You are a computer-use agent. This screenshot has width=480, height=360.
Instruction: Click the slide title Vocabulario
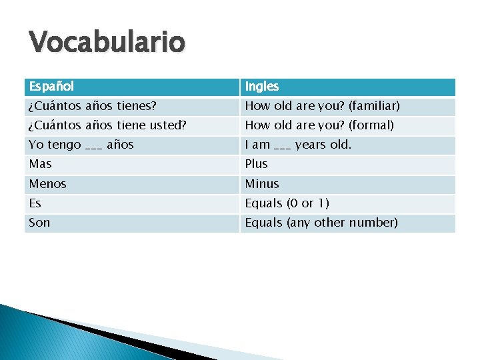107,43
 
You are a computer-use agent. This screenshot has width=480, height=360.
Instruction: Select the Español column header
51,87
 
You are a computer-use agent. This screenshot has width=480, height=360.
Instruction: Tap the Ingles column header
262,87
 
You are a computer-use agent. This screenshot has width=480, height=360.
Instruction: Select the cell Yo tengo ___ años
81,145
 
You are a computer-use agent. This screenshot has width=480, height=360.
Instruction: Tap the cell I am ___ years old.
298,145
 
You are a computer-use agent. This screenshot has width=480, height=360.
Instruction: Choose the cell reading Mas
41,164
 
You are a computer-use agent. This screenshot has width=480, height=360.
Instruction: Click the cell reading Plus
256,164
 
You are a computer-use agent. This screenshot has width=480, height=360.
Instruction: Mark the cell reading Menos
47,183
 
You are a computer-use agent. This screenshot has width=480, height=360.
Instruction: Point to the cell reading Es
35,203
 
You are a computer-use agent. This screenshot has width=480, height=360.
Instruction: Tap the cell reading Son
39,222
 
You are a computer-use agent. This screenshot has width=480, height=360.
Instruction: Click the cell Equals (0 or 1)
287,203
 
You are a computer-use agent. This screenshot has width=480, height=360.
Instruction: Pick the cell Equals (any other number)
321,222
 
